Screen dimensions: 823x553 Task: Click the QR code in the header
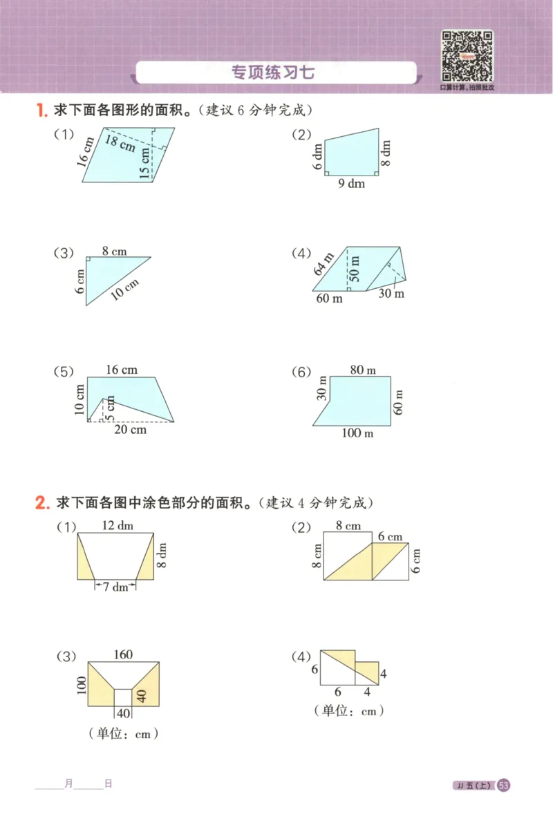467,55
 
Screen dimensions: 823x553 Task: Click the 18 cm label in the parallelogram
121,143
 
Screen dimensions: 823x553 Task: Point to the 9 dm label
351,184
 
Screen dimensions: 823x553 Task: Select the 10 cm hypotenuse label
125,288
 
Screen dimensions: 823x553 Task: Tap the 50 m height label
355,269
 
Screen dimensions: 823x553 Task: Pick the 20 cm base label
130,430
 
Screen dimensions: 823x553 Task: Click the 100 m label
358,433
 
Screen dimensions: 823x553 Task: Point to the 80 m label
362,370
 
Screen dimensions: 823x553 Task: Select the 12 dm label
117,526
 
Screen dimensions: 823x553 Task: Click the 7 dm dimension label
115,587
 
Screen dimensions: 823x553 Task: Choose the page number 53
503,785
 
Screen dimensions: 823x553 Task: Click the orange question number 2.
41,503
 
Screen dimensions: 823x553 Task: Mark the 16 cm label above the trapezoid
121,370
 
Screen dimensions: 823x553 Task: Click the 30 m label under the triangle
391,293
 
